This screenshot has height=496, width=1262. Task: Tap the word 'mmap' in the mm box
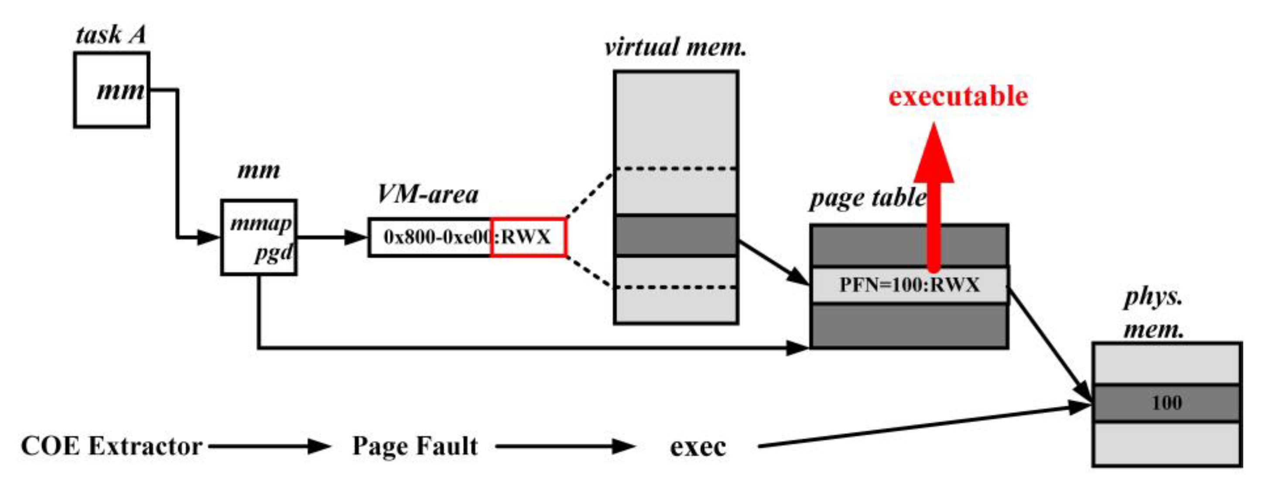[x=260, y=224]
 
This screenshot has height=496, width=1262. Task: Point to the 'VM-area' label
[x=427, y=194]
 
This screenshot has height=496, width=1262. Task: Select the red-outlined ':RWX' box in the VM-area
[x=528, y=237]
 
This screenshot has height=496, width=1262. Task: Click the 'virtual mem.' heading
[x=675, y=48]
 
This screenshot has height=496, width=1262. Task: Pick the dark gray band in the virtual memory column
[x=676, y=235]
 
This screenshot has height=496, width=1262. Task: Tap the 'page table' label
[x=868, y=199]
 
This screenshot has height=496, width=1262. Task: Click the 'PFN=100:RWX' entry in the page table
[x=909, y=285]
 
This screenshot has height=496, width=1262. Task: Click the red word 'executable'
[x=958, y=96]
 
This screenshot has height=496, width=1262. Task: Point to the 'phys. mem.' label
[x=1154, y=313]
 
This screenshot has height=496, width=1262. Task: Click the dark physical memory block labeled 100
[x=1166, y=403]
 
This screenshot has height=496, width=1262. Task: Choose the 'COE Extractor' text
[x=112, y=446]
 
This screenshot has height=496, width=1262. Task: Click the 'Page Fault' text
[x=415, y=446]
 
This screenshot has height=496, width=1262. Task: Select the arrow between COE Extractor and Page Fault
[x=270, y=446]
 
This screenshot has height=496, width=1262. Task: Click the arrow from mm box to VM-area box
[x=332, y=237]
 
